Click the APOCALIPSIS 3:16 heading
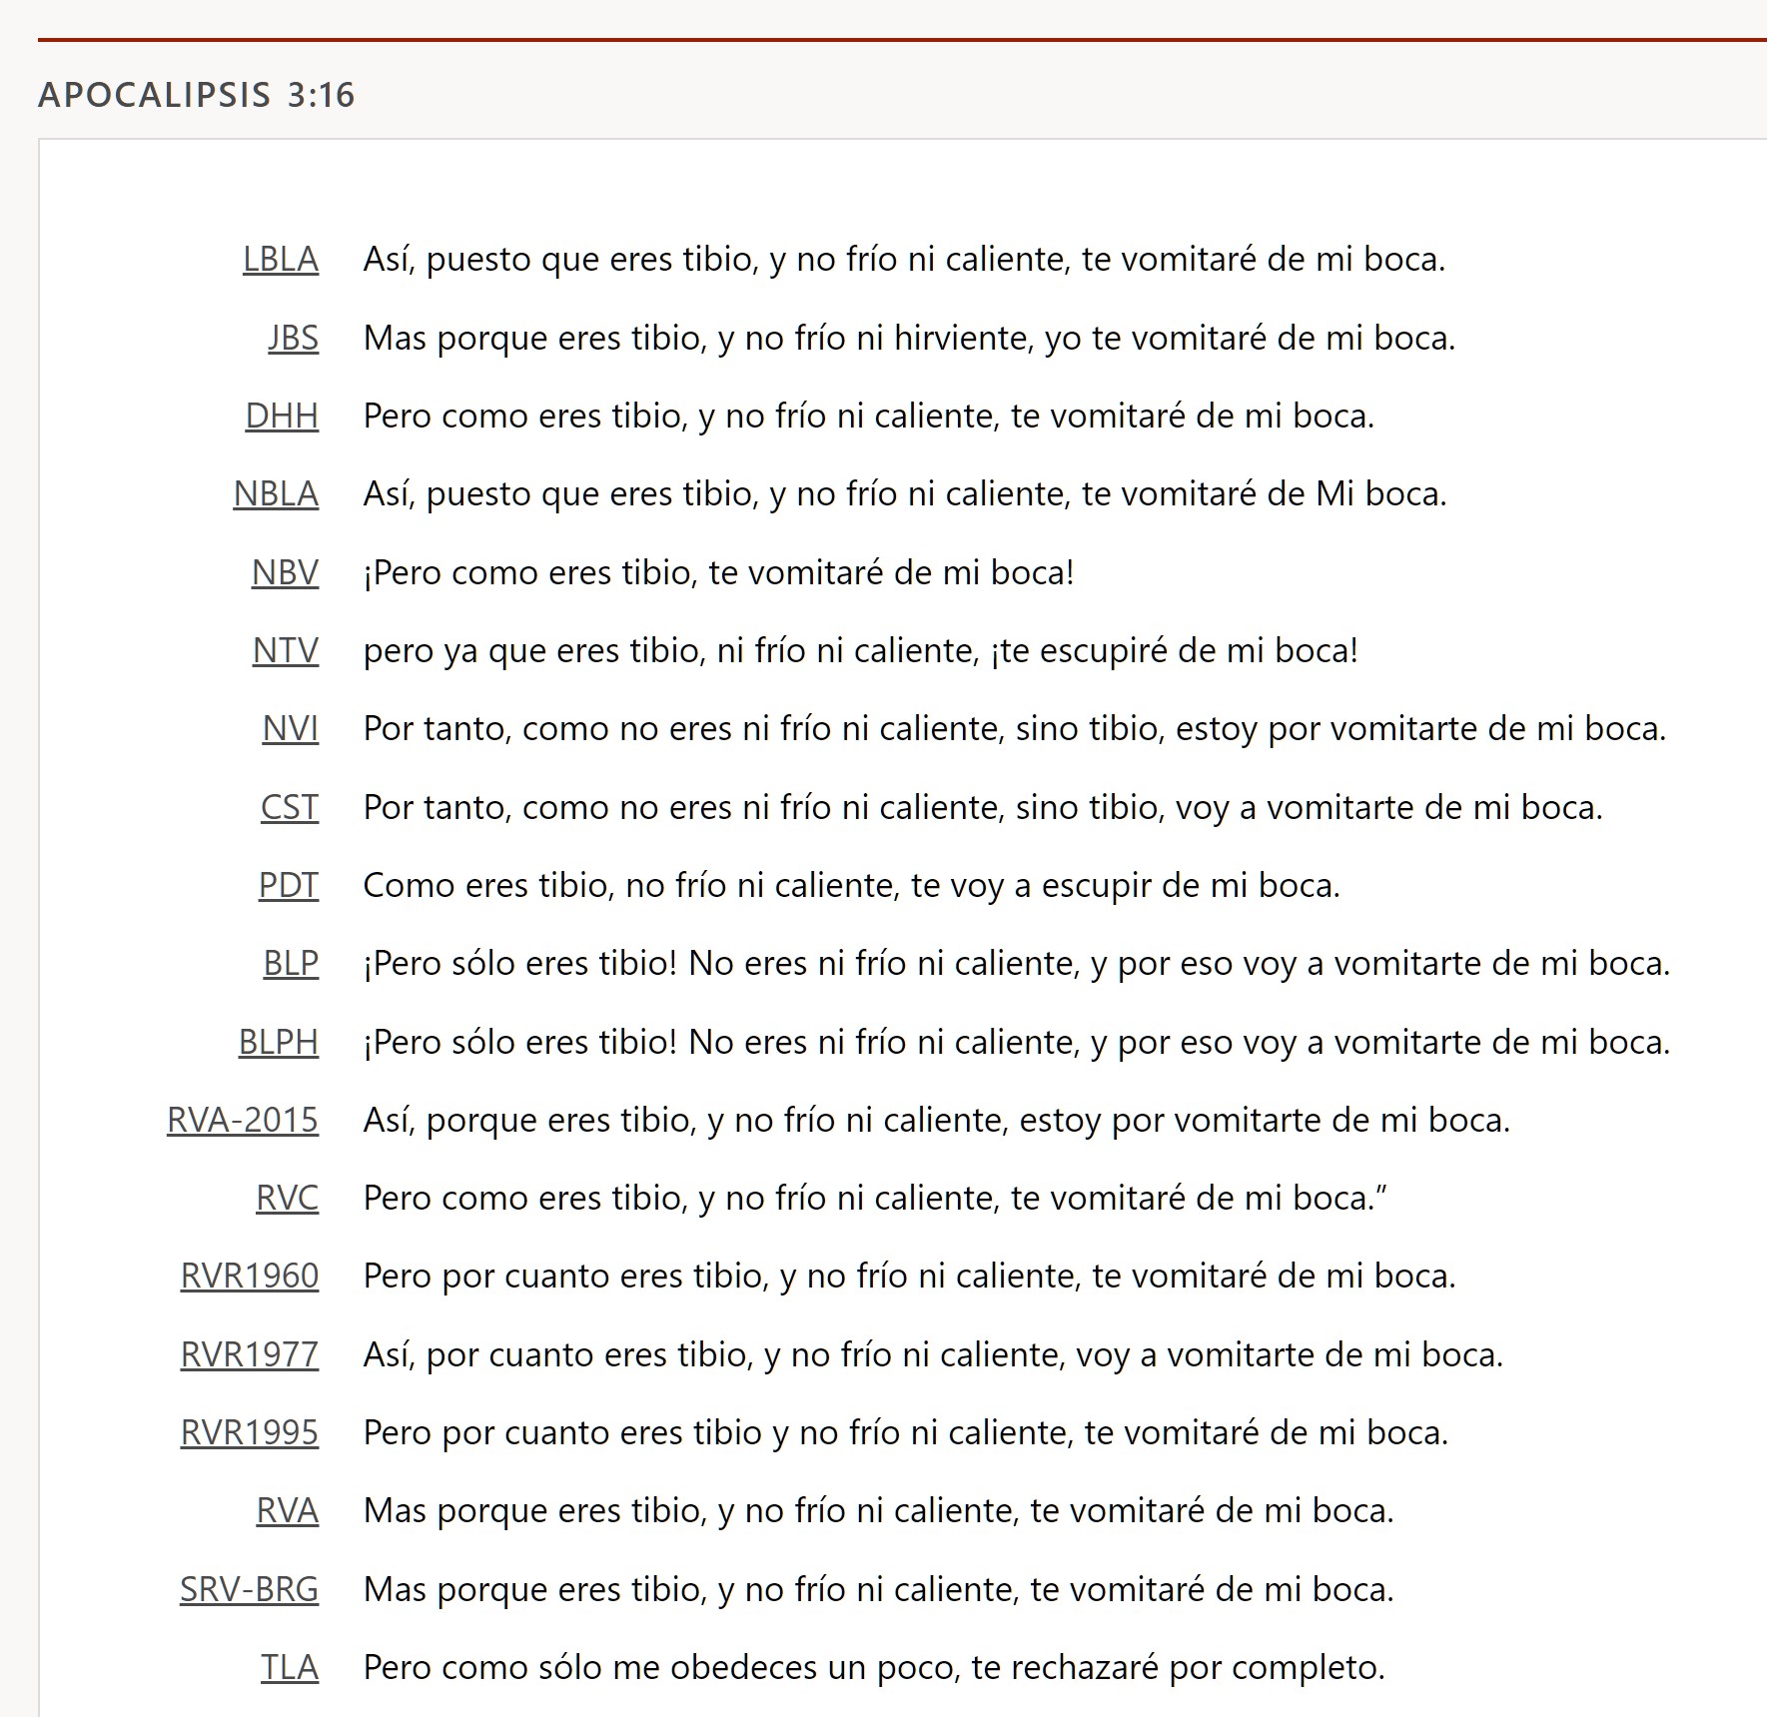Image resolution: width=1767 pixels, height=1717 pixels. tap(197, 95)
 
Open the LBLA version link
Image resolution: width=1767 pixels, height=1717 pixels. tap(281, 260)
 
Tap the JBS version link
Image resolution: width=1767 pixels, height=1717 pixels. tap(293, 338)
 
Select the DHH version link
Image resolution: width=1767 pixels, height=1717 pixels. tap(282, 416)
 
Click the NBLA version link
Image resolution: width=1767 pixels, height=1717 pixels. tap(276, 494)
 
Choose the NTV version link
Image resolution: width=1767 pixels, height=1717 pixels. tap(285, 650)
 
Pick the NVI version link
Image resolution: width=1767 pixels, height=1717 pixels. tap(290, 729)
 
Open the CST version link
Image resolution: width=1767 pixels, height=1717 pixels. tap(290, 807)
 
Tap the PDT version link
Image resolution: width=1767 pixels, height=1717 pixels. tap(289, 885)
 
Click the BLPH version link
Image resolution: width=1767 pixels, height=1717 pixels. tap(278, 1042)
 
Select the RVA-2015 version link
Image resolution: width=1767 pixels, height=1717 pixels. tap(243, 1120)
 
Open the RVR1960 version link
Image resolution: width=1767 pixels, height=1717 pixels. tap(250, 1277)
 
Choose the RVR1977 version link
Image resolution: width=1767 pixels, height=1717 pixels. tap(250, 1354)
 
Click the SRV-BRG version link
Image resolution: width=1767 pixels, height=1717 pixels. tap(249, 1589)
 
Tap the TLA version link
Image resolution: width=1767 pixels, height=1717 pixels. tap(290, 1667)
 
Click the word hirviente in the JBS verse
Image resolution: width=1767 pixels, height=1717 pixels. tap(959, 339)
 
